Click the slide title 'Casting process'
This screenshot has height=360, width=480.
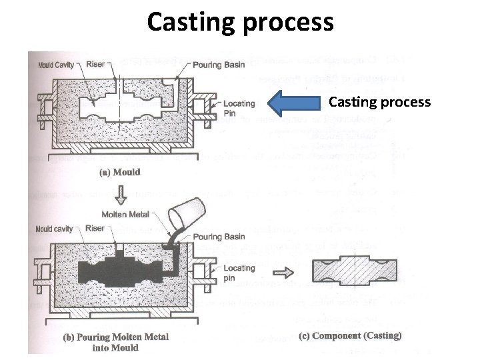[x=240, y=22]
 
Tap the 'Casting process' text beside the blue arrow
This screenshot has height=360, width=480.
[x=380, y=103]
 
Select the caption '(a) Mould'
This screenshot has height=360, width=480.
[x=120, y=172]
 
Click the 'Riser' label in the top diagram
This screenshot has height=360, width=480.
[x=95, y=65]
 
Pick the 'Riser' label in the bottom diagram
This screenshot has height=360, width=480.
[x=95, y=229]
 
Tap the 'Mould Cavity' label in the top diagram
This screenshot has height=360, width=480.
[x=55, y=65]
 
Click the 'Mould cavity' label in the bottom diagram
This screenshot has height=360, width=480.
[x=55, y=229]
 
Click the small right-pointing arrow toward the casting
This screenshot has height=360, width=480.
[x=284, y=272]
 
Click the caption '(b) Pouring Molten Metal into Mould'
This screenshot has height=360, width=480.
[x=116, y=341]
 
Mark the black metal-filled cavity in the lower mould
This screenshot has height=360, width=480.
[x=127, y=270]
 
